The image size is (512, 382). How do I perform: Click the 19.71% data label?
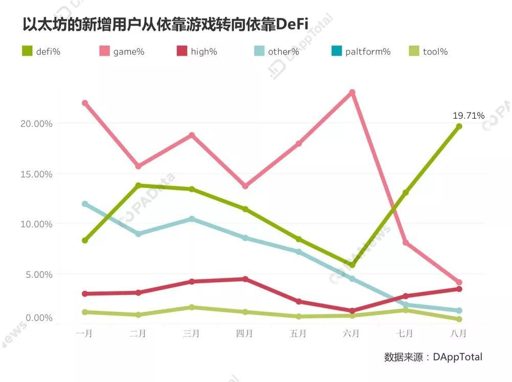[x=468, y=116]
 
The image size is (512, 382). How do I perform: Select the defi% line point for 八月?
[x=459, y=126]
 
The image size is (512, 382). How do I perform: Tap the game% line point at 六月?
[x=352, y=92]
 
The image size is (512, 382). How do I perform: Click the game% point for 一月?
[x=85, y=103]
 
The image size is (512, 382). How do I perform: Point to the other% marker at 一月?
[x=85, y=204]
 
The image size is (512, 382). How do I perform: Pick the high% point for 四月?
[x=245, y=279]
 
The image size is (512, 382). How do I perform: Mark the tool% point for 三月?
[x=191, y=307]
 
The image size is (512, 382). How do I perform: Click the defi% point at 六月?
[x=352, y=265]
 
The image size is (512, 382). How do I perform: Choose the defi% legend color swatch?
[x=27, y=51]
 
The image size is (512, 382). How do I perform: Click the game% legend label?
[x=129, y=52]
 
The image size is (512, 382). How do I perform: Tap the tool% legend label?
[x=435, y=52]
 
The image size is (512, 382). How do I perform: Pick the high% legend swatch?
[x=182, y=51]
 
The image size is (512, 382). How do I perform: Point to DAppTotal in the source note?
[x=457, y=357]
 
